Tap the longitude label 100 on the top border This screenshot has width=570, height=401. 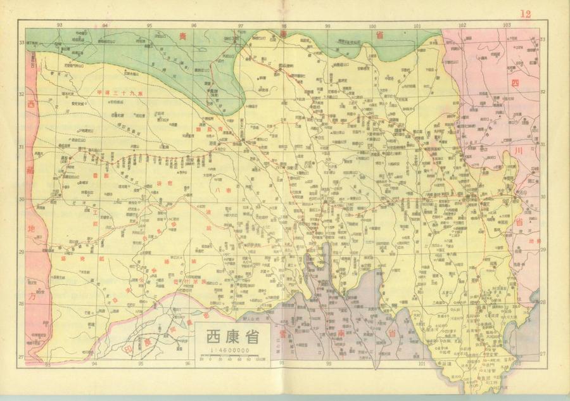pos(373,25)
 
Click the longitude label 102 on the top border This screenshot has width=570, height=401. pos(463,25)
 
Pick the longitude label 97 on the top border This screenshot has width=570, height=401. pos(241,25)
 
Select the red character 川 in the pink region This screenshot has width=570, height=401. pos(517,151)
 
